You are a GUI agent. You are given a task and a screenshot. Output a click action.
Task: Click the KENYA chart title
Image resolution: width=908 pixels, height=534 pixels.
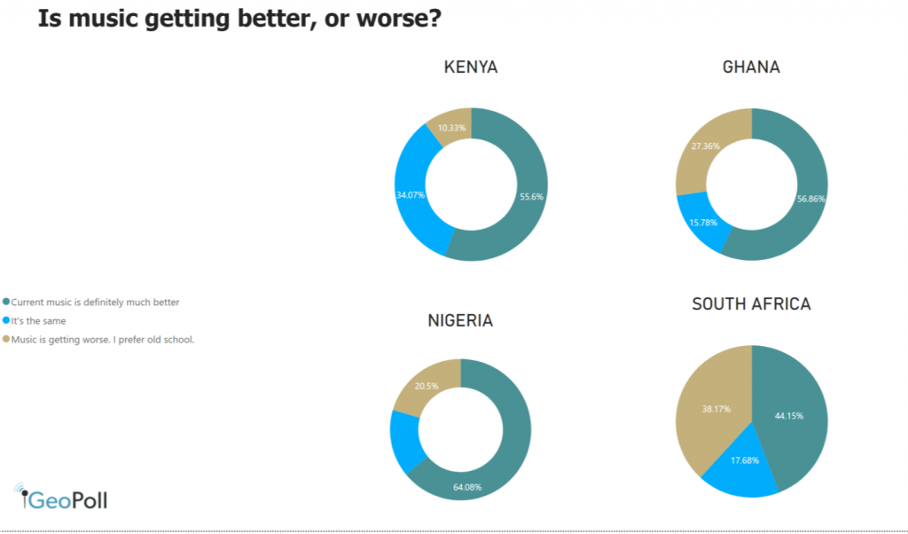pyautogui.click(x=471, y=67)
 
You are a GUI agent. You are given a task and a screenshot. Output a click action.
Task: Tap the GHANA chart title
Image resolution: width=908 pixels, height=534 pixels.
pyautogui.click(x=751, y=67)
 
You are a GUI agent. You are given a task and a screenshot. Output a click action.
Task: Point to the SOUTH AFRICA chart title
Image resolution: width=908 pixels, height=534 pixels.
pyautogui.click(x=751, y=304)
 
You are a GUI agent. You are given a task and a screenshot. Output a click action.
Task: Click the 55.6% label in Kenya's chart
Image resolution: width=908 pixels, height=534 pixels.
pyautogui.click(x=531, y=197)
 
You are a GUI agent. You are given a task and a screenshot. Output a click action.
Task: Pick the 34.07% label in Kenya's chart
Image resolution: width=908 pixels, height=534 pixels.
pyautogui.click(x=411, y=193)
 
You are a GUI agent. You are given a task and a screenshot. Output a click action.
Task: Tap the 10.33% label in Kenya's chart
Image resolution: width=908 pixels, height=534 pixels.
pyautogui.click(x=452, y=129)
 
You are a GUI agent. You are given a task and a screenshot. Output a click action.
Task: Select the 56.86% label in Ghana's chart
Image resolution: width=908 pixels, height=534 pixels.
pyautogui.click(x=810, y=199)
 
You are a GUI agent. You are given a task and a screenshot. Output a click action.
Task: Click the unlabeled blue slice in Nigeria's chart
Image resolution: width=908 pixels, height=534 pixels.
pyautogui.click(x=404, y=441)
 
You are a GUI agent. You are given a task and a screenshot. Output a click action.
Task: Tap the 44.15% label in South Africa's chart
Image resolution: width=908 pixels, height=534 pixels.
pyautogui.click(x=789, y=415)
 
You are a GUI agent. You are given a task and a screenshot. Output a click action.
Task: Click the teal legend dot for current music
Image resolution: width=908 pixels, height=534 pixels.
pyautogui.click(x=6, y=302)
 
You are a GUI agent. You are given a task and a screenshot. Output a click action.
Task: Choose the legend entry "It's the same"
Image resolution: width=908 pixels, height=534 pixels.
pyautogui.click(x=38, y=321)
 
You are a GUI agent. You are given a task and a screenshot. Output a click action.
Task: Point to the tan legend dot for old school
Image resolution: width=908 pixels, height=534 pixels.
pyautogui.click(x=6, y=339)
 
